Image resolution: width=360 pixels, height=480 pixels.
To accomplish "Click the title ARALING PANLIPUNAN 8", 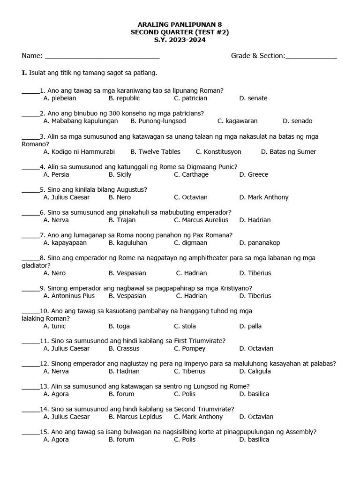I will tap(180, 24).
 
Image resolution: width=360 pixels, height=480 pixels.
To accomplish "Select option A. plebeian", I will tap(60, 98).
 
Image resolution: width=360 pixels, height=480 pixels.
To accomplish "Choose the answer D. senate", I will tap(253, 98).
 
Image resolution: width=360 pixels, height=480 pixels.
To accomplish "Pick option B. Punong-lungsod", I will tap(158, 121).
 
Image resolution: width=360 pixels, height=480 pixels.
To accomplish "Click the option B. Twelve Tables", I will tap(155, 152).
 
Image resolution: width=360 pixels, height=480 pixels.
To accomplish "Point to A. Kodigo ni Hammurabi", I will tap(79, 152).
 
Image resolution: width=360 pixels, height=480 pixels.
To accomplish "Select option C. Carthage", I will tap(191, 174).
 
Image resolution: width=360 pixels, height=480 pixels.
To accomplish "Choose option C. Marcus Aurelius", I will tap(201, 220).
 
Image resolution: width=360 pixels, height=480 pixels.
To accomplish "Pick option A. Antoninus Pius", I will tap(69, 296).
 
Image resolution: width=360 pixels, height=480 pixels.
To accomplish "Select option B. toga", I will tap(119, 326).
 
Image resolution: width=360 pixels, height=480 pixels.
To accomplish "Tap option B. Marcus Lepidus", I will tap(135, 417).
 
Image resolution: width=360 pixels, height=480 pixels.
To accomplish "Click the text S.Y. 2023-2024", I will tap(180, 40).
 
